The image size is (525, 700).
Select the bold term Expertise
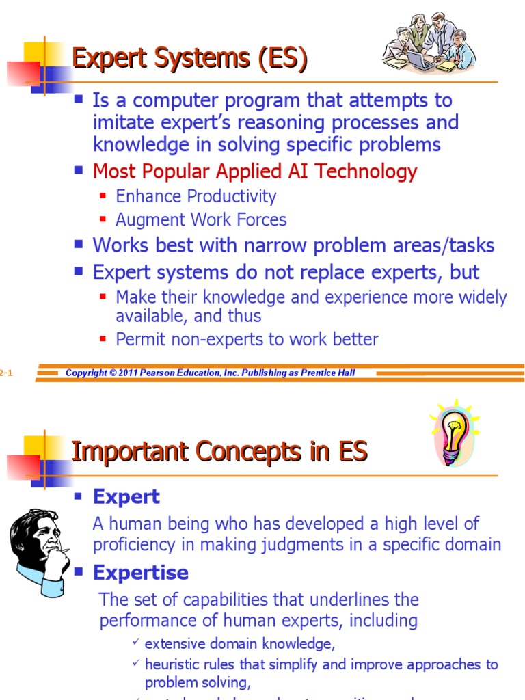tap(140, 572)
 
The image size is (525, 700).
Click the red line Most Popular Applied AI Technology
tap(254, 171)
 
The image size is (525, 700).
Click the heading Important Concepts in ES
tap(219, 452)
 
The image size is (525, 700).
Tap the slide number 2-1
tap(6, 373)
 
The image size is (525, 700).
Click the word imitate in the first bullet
tap(122, 122)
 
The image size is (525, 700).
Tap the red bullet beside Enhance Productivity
tap(103, 196)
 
